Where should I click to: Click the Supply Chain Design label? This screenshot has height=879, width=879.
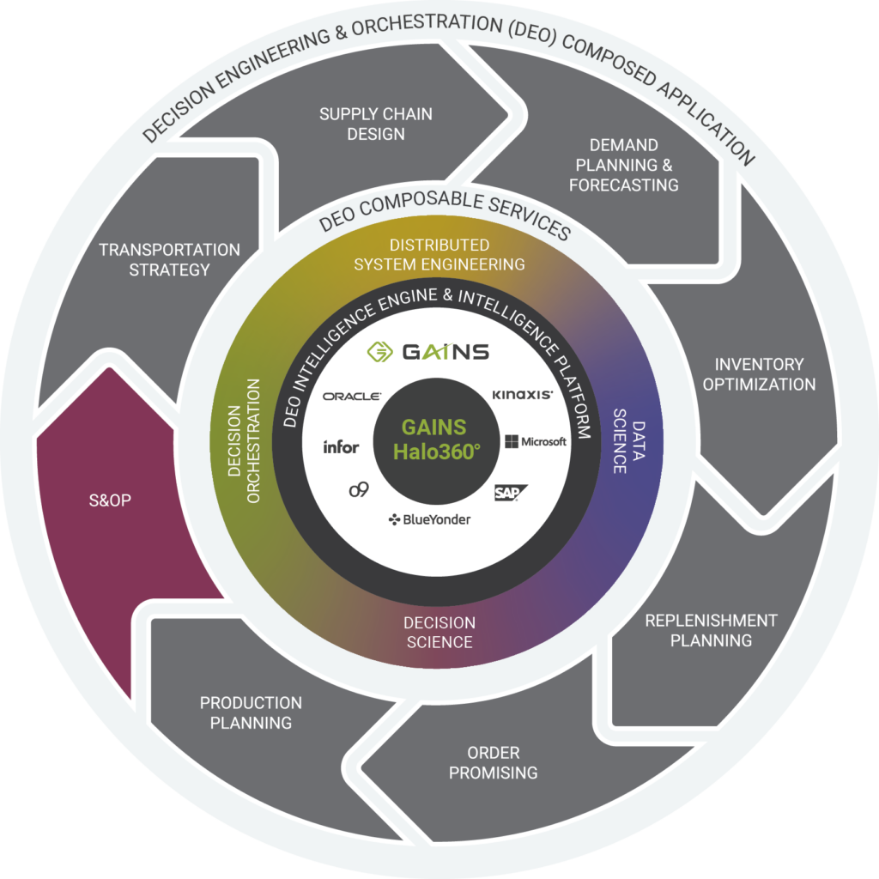click(x=375, y=124)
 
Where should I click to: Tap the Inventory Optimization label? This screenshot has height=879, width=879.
click(x=759, y=374)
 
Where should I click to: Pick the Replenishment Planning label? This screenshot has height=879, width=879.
click(x=711, y=630)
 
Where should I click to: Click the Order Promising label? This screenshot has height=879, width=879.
click(x=493, y=761)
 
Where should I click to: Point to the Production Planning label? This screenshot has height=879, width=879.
click(x=251, y=712)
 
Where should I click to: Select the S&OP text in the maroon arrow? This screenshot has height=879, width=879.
click(x=109, y=500)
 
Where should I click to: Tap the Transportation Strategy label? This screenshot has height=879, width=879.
click(x=169, y=259)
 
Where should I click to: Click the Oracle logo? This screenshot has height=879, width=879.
click(x=352, y=396)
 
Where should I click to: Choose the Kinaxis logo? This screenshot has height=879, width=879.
click(x=522, y=395)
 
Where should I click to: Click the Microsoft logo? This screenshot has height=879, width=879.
click(x=536, y=441)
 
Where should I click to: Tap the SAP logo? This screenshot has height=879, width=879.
click(x=510, y=492)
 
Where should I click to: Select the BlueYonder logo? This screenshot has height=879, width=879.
click(x=430, y=519)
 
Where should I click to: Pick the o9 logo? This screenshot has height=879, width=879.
click(x=358, y=490)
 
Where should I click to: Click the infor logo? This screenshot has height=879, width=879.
click(x=341, y=446)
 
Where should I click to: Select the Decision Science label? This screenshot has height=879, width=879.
click(x=439, y=632)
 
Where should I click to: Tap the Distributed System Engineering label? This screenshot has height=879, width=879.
click(x=439, y=254)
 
